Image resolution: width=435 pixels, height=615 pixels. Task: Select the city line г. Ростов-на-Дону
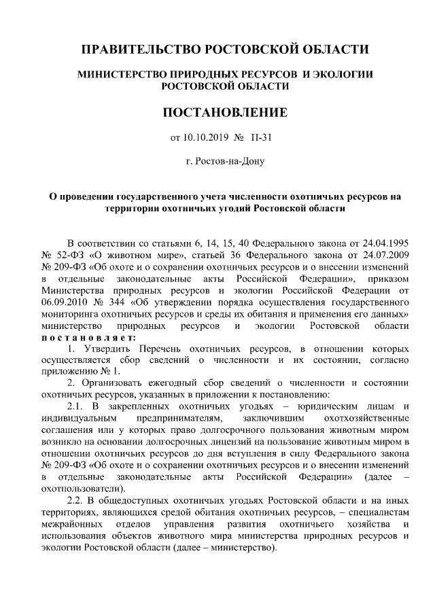click(x=224, y=162)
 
